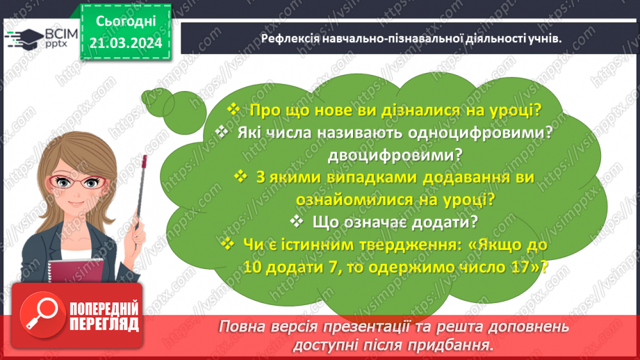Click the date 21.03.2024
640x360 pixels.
[x=126, y=43]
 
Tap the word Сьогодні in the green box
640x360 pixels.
[x=126, y=22]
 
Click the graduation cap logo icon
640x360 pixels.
[x=24, y=39]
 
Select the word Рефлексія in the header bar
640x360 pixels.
[x=290, y=38]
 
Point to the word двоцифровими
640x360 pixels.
[x=395, y=155]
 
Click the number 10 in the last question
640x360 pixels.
[x=253, y=267]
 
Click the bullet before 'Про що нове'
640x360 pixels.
[x=233, y=109]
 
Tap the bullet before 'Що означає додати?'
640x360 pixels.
[x=296, y=221]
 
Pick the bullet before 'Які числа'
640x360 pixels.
[x=222, y=131]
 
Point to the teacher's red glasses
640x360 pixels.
[x=76, y=182]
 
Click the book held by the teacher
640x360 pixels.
[x=76, y=270]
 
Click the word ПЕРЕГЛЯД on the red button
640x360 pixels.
[x=104, y=325]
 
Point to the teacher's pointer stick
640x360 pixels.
[x=141, y=192]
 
